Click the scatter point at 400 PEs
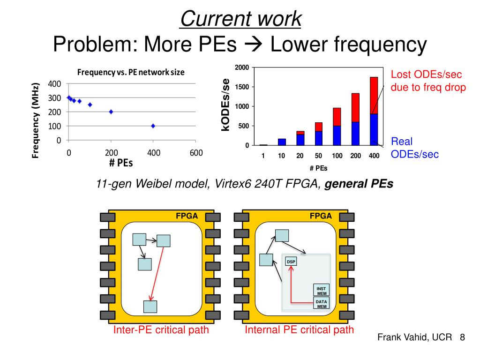153,126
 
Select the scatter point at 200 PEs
111,112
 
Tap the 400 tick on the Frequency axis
55,84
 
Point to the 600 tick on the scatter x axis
196,153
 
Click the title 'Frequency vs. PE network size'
131,72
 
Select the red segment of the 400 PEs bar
374,95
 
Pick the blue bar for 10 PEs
281,142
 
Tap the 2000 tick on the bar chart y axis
242,67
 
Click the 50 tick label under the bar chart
318,156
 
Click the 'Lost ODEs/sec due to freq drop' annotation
428,81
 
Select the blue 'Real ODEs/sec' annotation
415,148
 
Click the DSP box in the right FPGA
291,261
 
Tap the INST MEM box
322,291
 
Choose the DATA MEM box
322,304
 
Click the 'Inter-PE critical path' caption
161,330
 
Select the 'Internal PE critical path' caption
300,330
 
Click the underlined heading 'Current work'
240,19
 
